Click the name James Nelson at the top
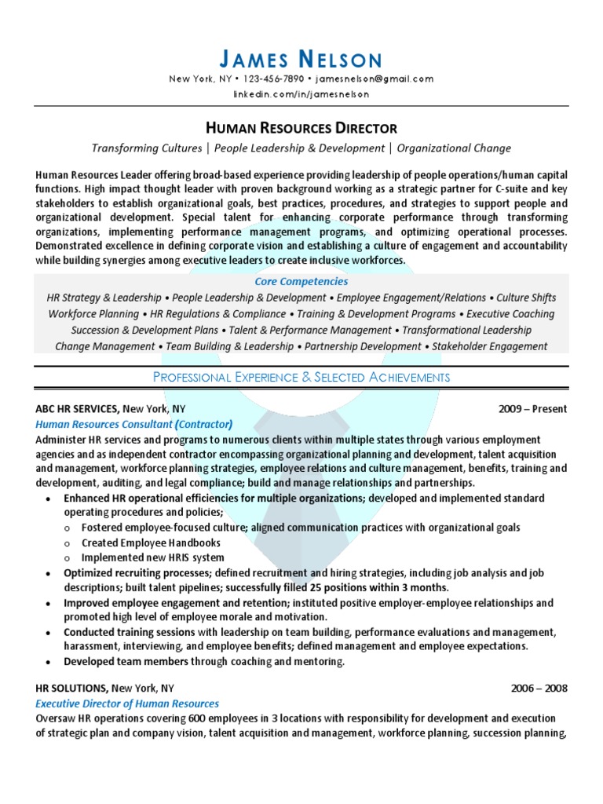(301, 60)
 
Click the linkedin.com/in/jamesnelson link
(301, 94)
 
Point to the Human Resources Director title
(301, 127)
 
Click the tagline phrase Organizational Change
(454, 148)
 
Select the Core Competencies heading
(301, 281)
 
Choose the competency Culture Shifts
(526, 298)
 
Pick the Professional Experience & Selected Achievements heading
(301, 378)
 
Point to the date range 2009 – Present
(532, 409)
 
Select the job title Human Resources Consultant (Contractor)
(134, 424)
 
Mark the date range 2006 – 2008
(539, 689)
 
